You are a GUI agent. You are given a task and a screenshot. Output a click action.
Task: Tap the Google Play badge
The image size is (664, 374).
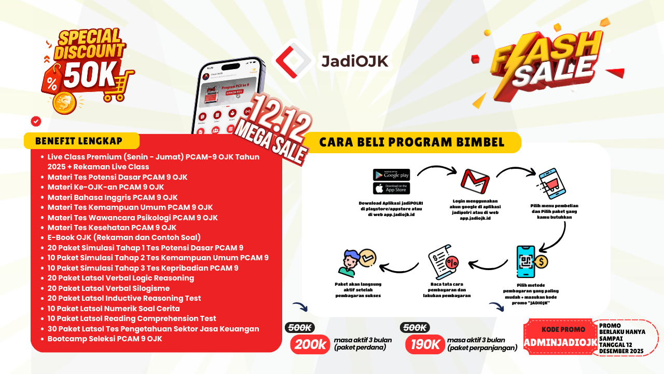click(x=391, y=175)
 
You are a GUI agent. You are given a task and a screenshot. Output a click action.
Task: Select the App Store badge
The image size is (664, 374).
click(x=391, y=188)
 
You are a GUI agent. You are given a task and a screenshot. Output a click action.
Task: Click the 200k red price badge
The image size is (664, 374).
click(x=310, y=344)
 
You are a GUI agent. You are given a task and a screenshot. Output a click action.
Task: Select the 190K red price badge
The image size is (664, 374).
click(x=425, y=344)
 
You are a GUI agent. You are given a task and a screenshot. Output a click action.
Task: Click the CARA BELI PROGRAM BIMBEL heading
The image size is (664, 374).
click(x=412, y=142)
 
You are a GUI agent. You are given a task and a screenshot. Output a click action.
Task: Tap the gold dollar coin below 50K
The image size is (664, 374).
click(x=64, y=102)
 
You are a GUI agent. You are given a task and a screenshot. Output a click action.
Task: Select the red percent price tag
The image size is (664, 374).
click(x=52, y=83)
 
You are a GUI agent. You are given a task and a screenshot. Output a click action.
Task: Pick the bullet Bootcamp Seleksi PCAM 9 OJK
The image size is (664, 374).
click(x=105, y=339)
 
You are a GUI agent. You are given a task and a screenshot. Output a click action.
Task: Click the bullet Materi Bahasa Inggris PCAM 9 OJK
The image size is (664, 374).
click(x=113, y=197)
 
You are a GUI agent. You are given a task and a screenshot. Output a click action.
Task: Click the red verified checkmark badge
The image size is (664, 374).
click(x=36, y=121)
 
